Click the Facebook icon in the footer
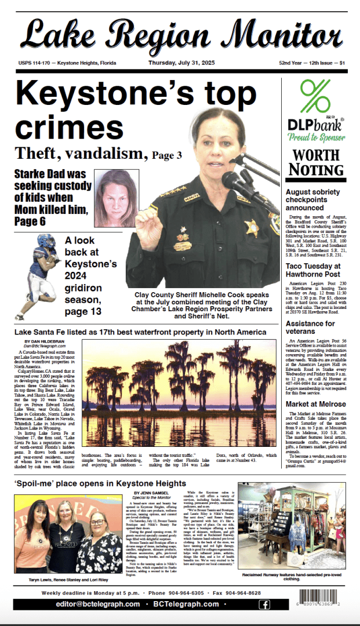[x=264, y=605]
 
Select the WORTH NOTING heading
[x=316, y=162]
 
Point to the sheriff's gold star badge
[x=252, y=226]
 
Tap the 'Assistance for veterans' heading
[x=310, y=327]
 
